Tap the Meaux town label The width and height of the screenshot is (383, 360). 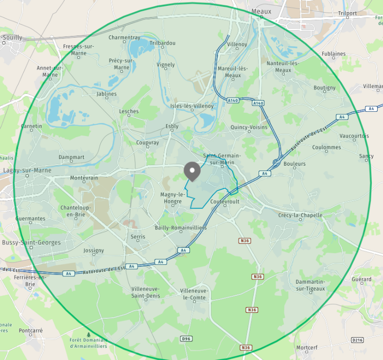coord(261,11)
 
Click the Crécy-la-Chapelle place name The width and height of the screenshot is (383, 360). coord(300,215)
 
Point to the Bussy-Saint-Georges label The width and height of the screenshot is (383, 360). coord(32,242)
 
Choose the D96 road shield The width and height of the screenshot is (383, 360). coord(186,338)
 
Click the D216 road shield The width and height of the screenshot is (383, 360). coord(357,340)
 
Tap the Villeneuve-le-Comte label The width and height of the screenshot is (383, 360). coord(194,294)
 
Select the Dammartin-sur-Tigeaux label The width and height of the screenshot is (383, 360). coord(310,285)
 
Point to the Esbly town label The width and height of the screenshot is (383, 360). coord(172,126)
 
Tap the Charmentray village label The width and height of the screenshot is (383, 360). coord(124,37)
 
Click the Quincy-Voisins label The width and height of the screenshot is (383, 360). coord(249,127)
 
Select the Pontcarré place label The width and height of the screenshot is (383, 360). coord(31,330)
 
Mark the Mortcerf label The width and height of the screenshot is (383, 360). coord(307,348)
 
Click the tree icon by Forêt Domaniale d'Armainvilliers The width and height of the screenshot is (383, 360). coord(88,334)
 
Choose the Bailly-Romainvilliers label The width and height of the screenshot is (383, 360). coord(180,228)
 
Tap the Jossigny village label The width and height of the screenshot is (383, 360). coord(94,251)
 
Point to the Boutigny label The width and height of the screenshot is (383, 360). coord(325,88)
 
